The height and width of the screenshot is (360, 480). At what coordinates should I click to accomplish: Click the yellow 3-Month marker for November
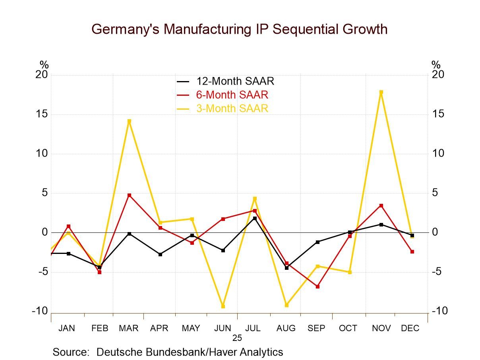click(381, 92)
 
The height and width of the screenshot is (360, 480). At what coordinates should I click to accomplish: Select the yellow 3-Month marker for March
click(129, 121)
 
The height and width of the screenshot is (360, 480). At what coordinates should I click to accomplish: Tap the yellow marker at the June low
click(223, 306)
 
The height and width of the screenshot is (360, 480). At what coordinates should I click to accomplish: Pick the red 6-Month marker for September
click(317, 286)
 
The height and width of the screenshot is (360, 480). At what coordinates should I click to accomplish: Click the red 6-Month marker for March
click(129, 195)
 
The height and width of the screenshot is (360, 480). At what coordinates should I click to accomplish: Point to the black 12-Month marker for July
click(255, 218)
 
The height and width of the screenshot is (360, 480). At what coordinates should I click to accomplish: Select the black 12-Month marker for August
click(286, 268)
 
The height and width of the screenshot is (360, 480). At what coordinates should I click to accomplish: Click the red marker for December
click(412, 252)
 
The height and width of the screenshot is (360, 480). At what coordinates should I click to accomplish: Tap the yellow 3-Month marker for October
click(350, 272)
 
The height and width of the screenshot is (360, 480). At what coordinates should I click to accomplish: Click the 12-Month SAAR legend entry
click(235, 81)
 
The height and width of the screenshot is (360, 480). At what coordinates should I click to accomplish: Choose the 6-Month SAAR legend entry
click(232, 95)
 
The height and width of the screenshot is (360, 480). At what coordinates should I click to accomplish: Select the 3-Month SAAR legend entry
click(232, 108)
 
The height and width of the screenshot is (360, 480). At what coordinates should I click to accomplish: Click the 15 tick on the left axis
click(42, 114)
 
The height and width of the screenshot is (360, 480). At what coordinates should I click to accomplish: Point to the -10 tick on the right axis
click(439, 311)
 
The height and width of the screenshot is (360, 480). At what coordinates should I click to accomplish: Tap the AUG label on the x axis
click(286, 328)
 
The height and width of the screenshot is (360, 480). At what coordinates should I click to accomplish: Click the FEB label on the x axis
click(100, 328)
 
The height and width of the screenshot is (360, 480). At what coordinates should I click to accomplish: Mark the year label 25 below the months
click(237, 338)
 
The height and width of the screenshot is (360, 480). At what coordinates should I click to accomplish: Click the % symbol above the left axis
click(44, 65)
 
